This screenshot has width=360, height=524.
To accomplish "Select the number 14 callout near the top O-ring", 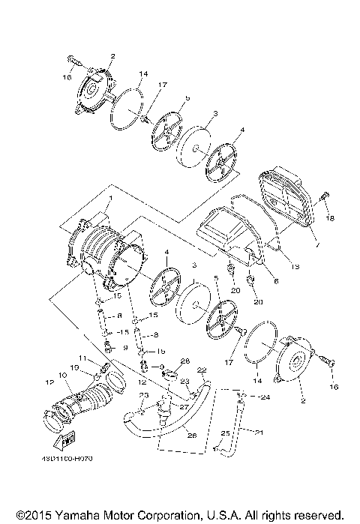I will tap(143, 73).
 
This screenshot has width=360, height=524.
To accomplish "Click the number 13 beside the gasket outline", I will tap(294, 265).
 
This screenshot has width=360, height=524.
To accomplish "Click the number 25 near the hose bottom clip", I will tap(223, 433).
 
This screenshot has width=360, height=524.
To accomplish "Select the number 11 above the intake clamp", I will tap(84, 357).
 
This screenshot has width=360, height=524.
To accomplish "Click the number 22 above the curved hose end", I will tap(201, 370).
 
